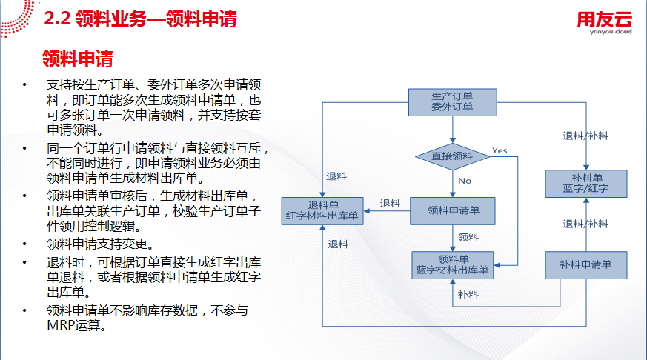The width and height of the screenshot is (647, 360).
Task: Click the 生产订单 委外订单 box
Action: pos(452,102)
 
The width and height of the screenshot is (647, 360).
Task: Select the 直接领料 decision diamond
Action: pos(452,156)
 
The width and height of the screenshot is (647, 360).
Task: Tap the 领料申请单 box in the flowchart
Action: pos(452,210)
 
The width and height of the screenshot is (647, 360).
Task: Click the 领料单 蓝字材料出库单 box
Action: pos(452,265)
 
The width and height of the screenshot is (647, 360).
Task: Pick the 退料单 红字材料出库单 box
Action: pos(322,210)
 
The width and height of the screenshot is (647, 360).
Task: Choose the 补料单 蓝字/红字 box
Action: pos(585,184)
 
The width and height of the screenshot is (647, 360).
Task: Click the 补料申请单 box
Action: pos(585,264)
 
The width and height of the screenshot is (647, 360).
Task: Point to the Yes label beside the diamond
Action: pos(500,150)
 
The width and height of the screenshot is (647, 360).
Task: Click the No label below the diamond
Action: pos(464,181)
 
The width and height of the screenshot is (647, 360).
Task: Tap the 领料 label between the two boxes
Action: pos(468,238)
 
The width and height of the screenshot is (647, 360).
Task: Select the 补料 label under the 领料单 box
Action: pos(468,294)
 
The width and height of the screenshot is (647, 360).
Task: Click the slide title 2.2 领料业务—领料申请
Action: pos(141,20)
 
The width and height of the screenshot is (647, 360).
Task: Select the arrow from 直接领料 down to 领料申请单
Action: pos(452,184)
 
